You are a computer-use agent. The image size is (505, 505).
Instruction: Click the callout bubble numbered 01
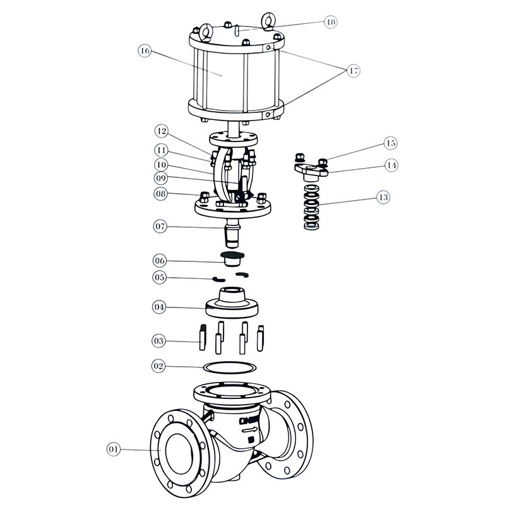click(x=114, y=450)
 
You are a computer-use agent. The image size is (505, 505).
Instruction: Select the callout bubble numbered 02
click(x=160, y=365)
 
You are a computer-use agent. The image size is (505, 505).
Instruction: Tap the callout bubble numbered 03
click(x=160, y=341)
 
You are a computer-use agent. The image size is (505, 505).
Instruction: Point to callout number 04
click(x=160, y=307)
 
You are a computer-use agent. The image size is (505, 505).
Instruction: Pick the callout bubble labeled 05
click(x=160, y=276)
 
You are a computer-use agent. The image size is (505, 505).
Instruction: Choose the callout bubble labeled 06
click(x=160, y=259)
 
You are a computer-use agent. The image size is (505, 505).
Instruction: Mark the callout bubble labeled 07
click(x=160, y=225)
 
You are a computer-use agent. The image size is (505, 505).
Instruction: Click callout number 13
click(x=383, y=198)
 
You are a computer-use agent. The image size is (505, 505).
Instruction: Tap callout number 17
click(x=353, y=71)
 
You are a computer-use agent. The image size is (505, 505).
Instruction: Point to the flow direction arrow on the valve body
click(x=251, y=432)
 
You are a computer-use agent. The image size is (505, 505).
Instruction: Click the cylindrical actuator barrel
click(x=221, y=76)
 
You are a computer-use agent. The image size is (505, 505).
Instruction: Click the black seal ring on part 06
click(x=232, y=254)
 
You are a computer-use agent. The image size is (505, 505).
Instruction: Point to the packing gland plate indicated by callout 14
click(x=311, y=169)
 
